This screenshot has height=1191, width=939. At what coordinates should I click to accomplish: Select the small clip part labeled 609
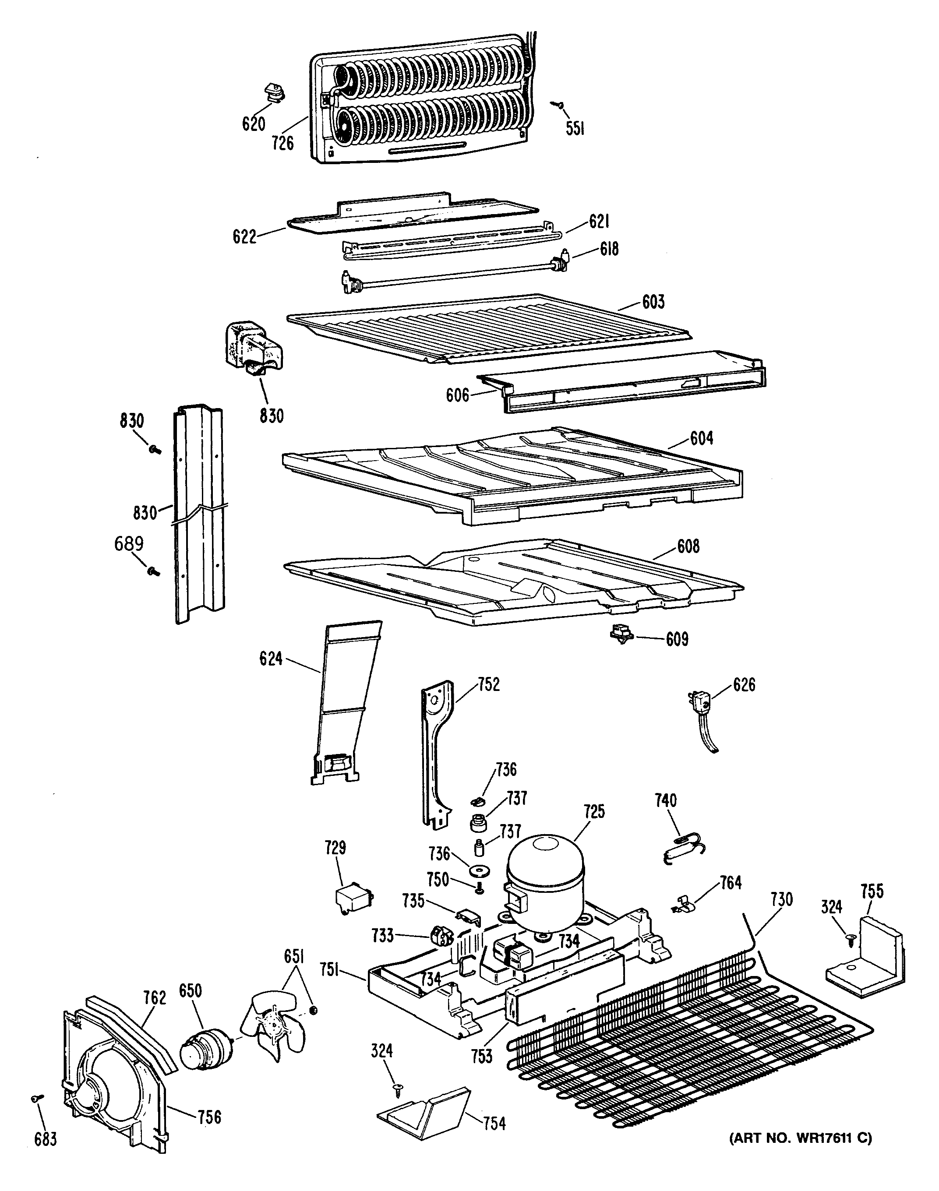(621, 635)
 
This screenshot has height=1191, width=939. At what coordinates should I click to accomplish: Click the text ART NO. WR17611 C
(801, 1135)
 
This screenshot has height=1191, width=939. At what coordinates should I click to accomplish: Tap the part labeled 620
(273, 92)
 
